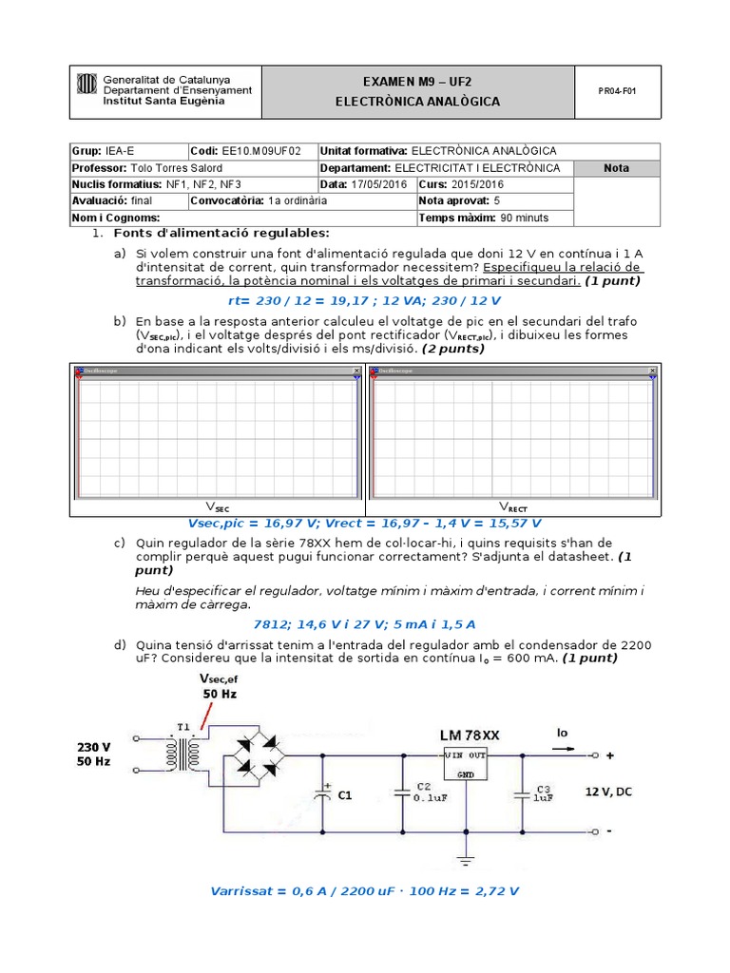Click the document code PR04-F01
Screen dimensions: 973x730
(617, 92)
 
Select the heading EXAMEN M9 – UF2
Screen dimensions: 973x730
(417, 83)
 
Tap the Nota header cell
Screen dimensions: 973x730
(616, 168)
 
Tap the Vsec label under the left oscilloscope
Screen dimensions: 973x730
(218, 507)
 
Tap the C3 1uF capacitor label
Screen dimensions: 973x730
(544, 793)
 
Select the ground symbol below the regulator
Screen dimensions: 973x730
(466, 860)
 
